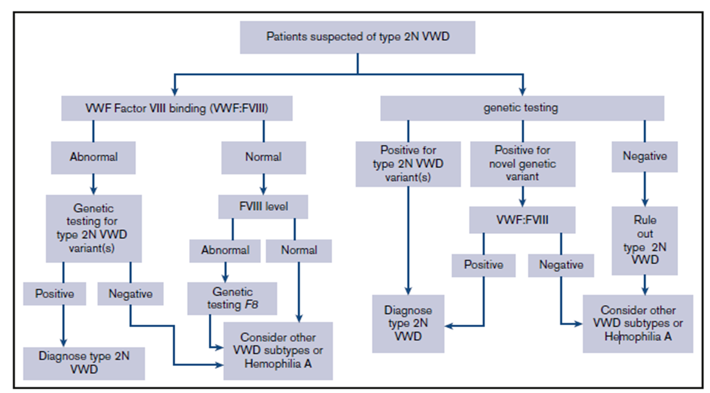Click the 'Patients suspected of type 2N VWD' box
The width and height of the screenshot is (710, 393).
coord(357,37)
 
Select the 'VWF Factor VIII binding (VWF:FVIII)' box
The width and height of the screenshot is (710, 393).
coord(177,108)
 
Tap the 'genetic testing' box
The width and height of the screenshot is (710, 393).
coord(521,108)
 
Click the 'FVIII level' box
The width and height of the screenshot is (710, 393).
coord(263,206)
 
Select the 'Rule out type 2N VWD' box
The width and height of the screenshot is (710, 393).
coord(645,240)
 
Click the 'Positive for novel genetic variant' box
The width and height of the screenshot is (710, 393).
coord(522,163)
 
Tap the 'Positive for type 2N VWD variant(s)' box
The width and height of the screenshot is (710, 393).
coord(408,163)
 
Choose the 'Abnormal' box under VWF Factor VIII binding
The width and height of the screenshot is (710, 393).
coord(93,157)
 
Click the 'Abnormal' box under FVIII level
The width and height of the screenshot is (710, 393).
coord(226,250)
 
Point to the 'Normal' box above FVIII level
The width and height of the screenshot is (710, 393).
coord(263,157)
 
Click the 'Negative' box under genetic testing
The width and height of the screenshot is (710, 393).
coord(645,156)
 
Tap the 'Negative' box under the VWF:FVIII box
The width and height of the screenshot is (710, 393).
coord(561,265)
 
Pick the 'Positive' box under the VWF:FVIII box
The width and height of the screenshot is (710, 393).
coord(484,265)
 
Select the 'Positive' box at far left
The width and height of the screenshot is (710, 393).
coord(54,294)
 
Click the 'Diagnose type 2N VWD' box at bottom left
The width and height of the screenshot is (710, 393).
coord(84,363)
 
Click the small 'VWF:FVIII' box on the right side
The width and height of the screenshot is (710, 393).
coord(522,220)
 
